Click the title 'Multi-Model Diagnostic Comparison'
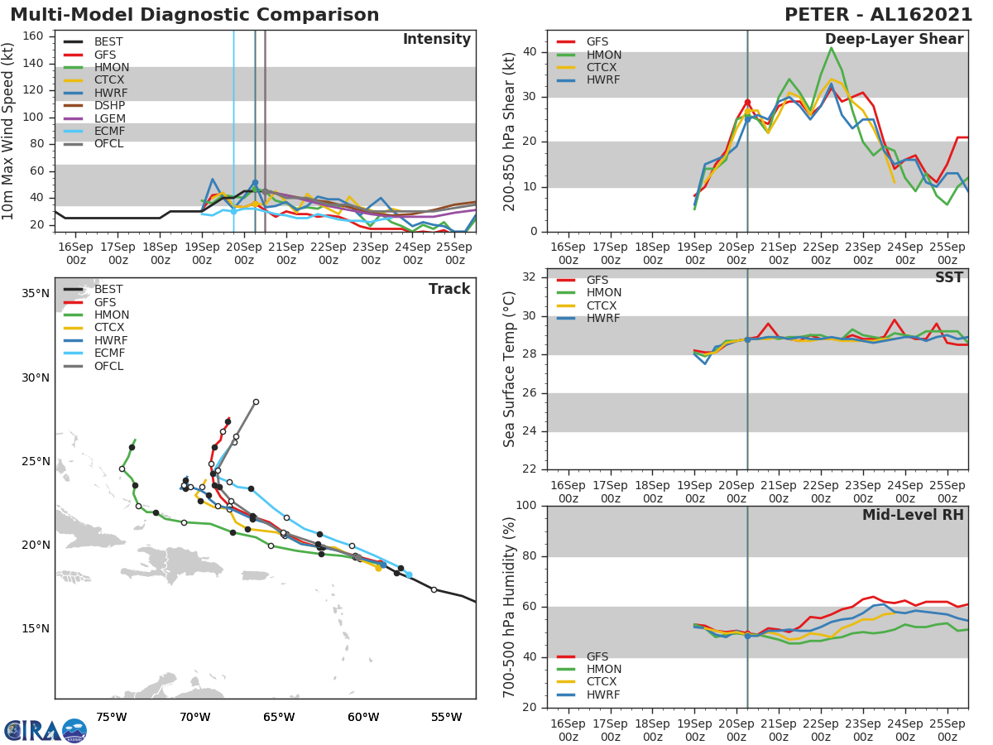tap(194, 15)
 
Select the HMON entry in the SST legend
tap(604, 293)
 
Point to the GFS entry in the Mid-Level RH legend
tap(597, 656)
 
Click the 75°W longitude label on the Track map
tap(111, 717)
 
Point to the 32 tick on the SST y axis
tap(529, 277)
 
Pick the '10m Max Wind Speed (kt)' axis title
tap(9, 131)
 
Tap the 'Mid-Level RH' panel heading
tap(912, 516)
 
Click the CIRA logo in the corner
tap(45, 730)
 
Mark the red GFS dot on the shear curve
tap(747, 102)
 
